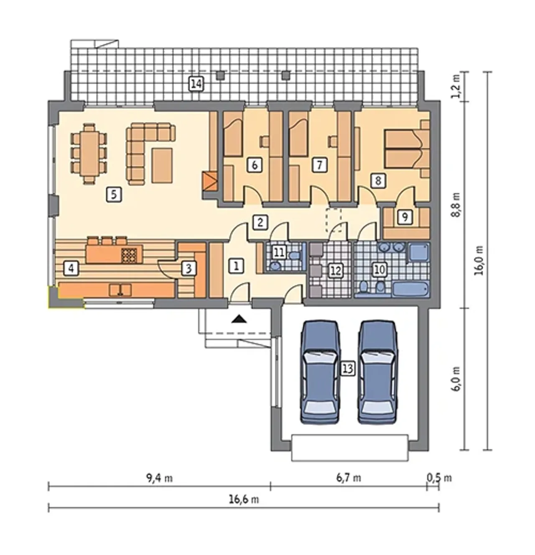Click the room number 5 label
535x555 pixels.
coord(114,195)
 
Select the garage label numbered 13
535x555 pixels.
coord(347,369)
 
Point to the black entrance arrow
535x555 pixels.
coord(239,319)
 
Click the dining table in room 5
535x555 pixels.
coord(89,153)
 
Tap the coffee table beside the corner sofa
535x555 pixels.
coord(162,165)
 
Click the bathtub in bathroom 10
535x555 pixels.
coord(410,290)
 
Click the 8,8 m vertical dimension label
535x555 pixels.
coord(456,205)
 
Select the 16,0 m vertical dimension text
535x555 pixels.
coord(479,260)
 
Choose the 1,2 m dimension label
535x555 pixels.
coord(456,87)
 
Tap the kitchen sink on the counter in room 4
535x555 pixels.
coord(120,290)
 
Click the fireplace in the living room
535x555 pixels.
coord(210,181)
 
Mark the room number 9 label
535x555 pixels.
coord(405,217)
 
